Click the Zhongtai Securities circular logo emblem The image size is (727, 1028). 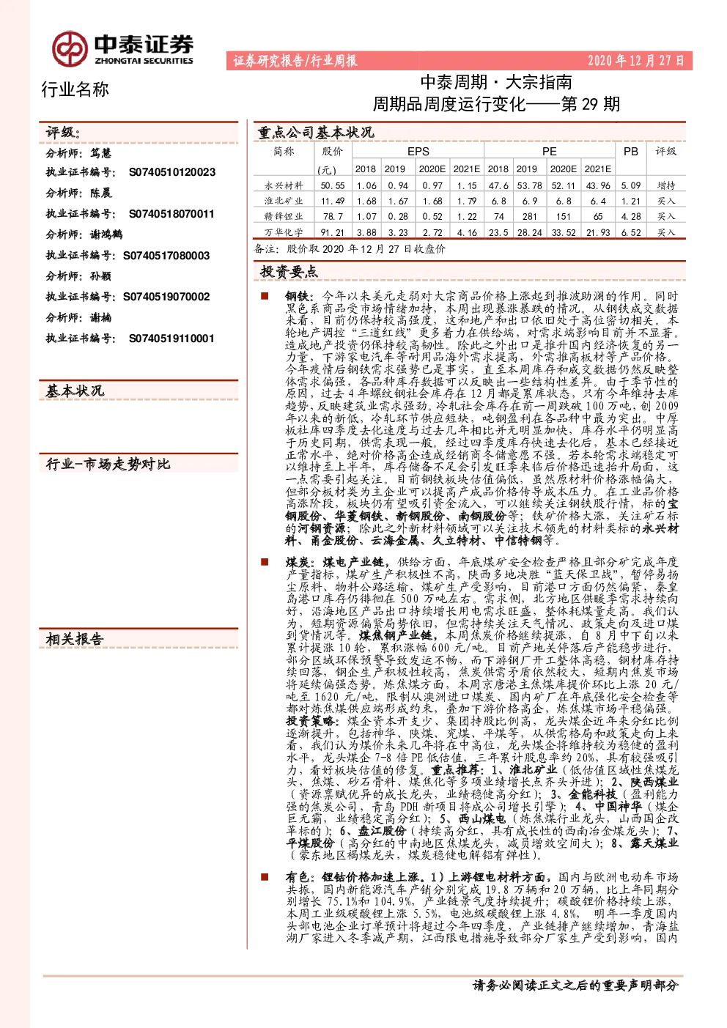tap(70, 48)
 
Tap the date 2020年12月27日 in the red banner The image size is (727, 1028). tap(635, 61)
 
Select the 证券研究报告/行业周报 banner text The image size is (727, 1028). tap(295, 61)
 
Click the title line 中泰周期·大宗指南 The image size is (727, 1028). tap(496, 83)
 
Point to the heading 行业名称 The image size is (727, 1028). tap(75, 89)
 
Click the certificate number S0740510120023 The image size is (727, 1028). tap(172, 172)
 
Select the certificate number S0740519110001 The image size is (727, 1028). tap(171, 339)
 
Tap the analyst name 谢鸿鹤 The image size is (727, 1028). tap(106, 234)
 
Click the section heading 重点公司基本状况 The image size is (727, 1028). tap(316, 133)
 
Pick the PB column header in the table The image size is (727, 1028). tap(630, 152)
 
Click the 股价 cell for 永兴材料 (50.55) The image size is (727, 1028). tap(333, 185)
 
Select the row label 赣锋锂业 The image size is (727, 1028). tap(284, 216)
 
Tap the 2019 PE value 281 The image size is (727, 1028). tap(530, 216)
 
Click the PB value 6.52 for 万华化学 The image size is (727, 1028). tap(630, 232)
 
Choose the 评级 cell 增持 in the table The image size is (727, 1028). tap(666, 185)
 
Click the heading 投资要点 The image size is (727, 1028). tap(289, 272)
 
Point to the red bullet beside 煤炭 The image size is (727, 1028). tap(265, 562)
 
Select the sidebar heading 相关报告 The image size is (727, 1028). tap(75, 639)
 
